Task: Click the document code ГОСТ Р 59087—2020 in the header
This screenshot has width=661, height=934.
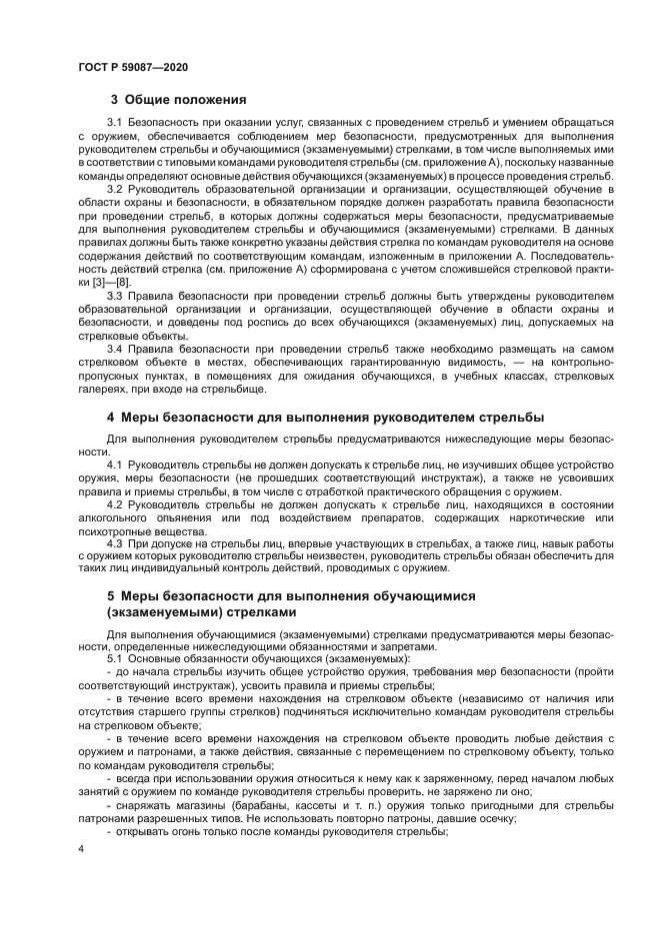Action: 132,67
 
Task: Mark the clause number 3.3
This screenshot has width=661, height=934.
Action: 115,295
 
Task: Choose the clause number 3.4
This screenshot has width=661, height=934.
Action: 115,349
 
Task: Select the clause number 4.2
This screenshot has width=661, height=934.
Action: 115,504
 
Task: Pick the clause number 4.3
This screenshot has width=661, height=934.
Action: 115,542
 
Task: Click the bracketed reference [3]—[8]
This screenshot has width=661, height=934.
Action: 103,283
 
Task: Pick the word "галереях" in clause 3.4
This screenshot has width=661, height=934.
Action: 102,387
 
